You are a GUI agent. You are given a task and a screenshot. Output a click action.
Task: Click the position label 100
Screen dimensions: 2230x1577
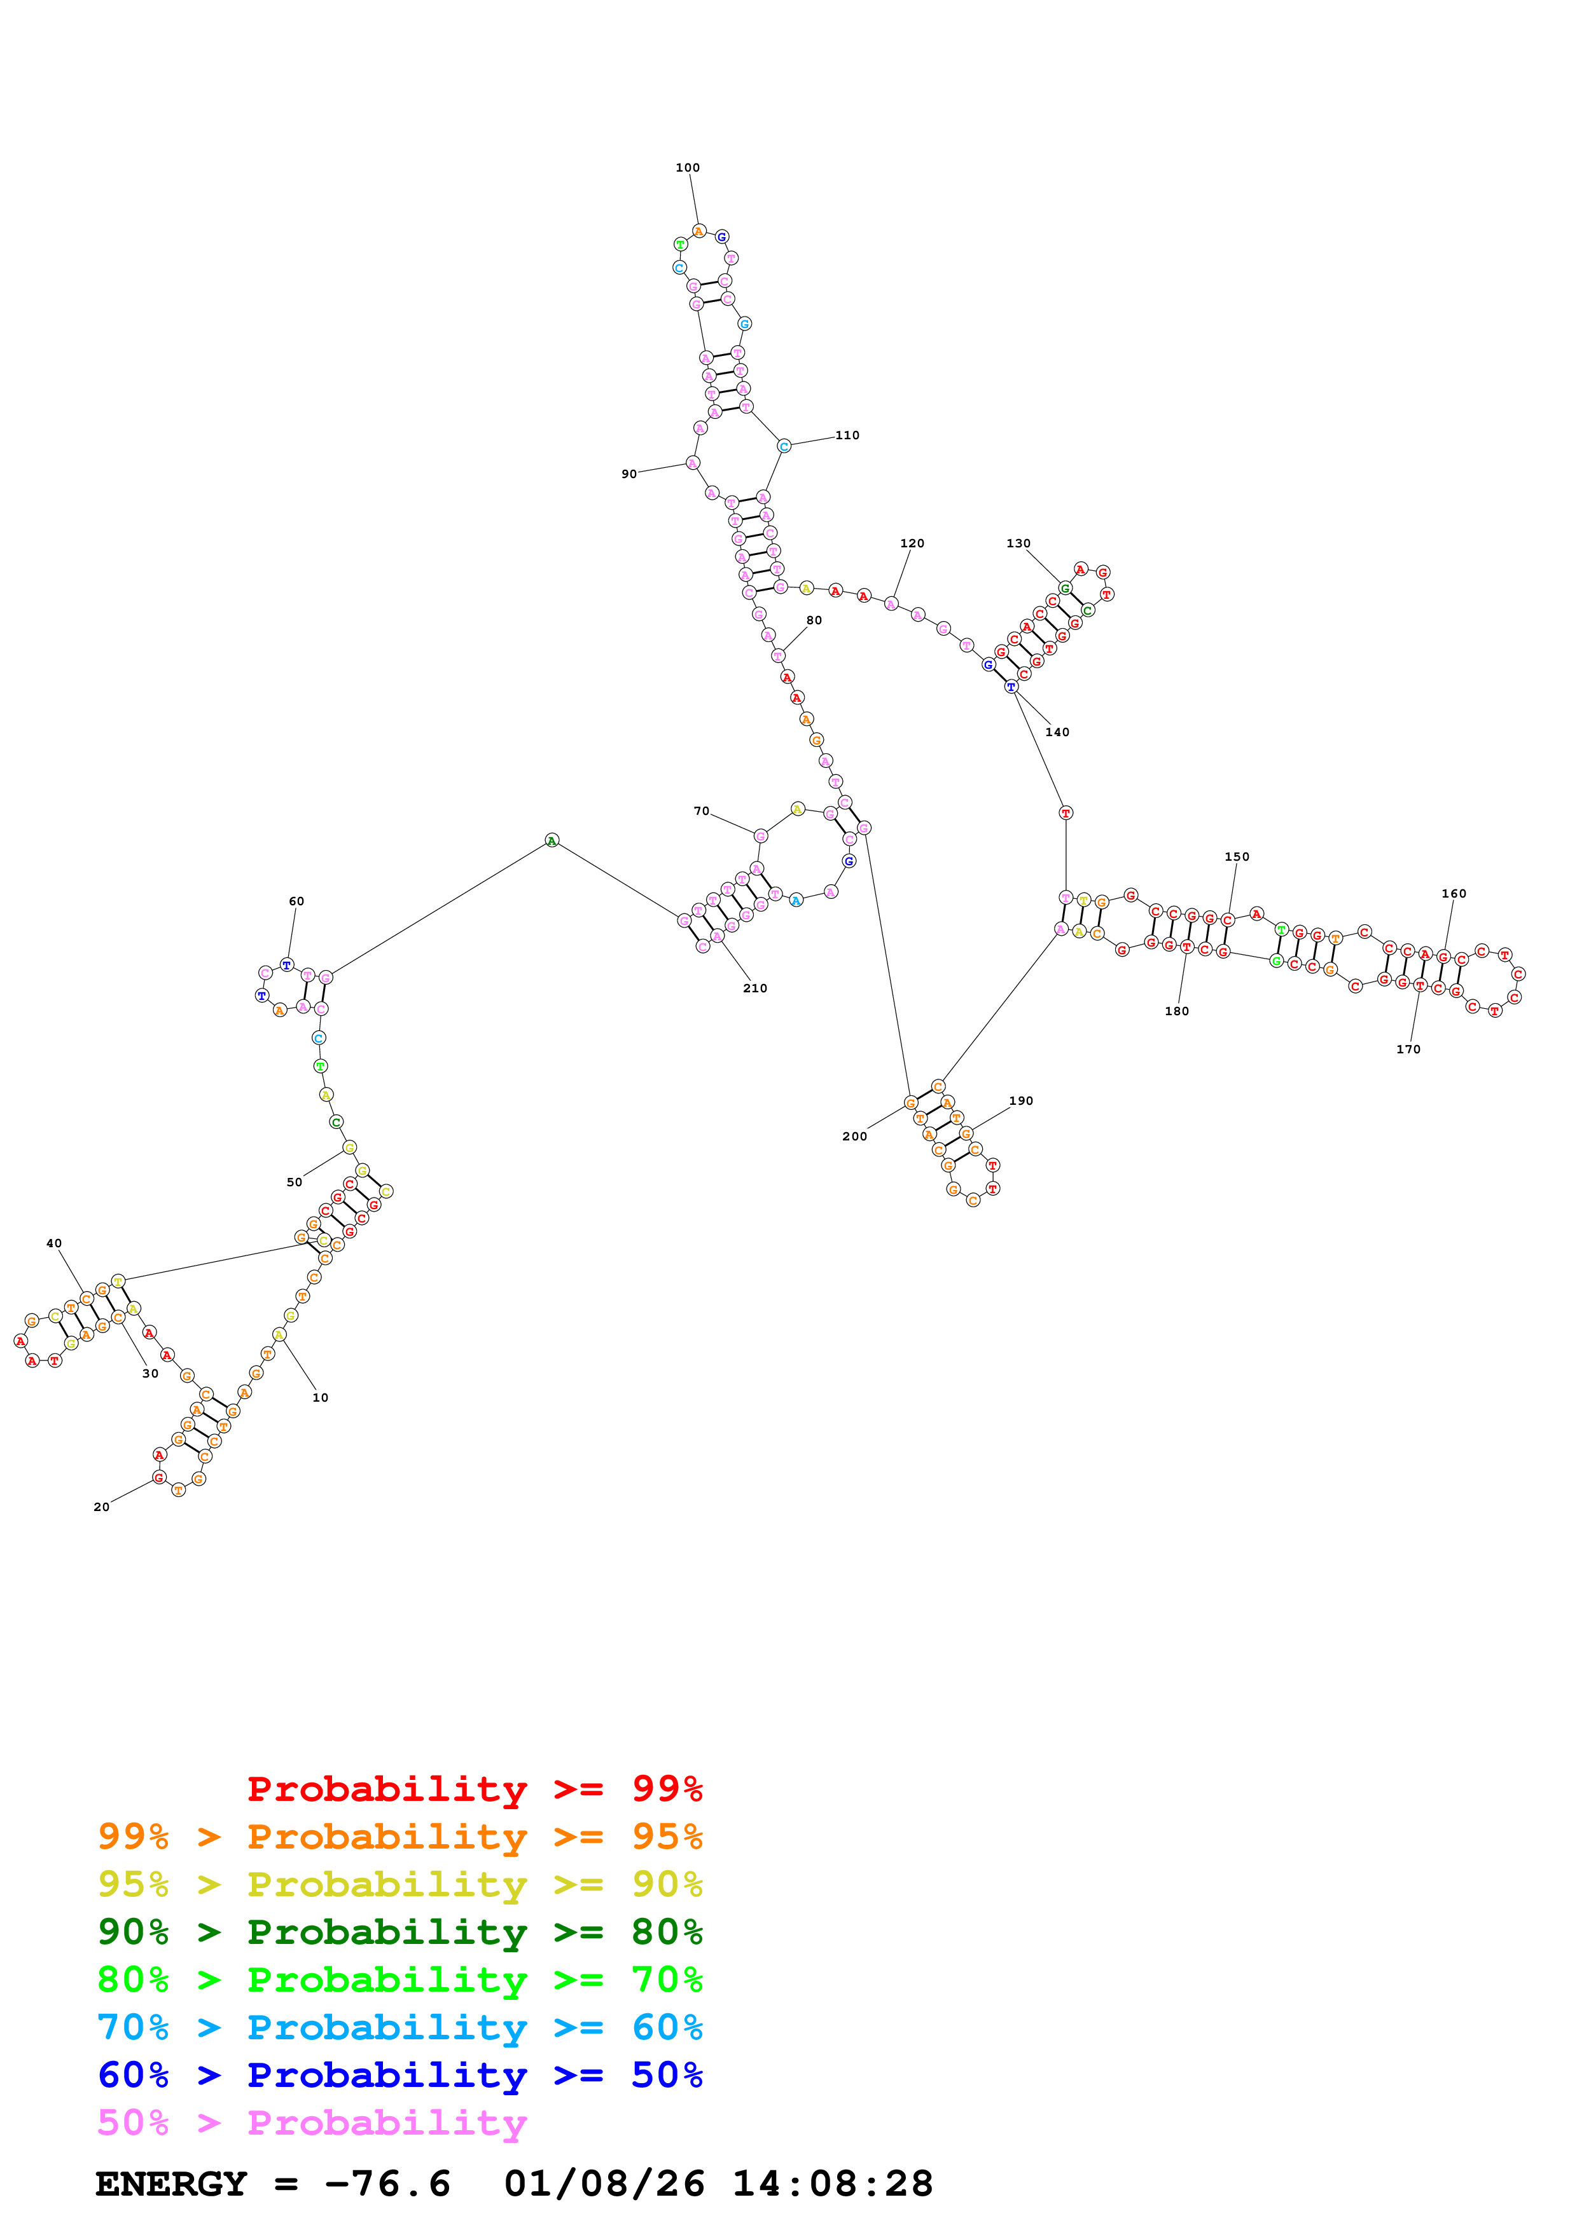click(687, 168)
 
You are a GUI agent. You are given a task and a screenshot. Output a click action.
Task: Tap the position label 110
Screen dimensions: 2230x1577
click(847, 435)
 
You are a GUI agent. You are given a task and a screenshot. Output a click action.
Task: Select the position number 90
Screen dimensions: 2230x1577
click(629, 474)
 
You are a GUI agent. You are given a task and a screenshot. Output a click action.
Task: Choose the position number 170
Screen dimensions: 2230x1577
click(1407, 1049)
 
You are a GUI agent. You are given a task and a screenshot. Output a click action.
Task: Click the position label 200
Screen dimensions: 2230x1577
click(854, 1137)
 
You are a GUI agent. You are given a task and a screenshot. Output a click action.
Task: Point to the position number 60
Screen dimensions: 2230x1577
click(296, 901)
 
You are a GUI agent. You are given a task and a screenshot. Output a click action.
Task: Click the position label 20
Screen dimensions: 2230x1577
click(101, 1507)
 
